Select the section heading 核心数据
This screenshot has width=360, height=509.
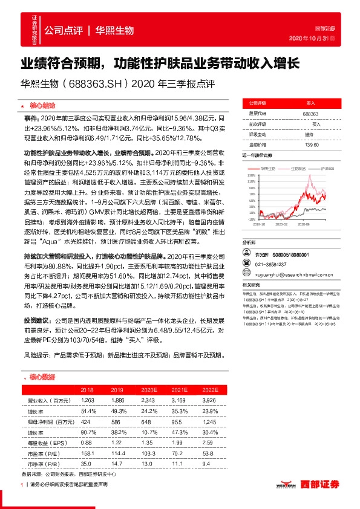pyautogui.click(x=42, y=377)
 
